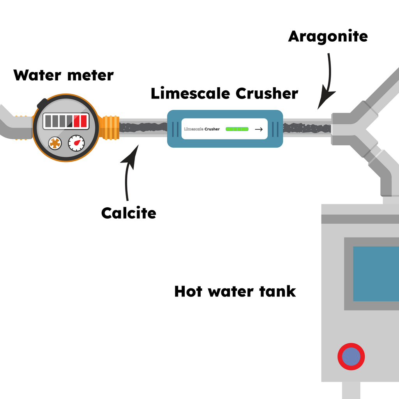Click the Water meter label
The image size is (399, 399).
coord(64,75)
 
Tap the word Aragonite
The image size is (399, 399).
coord(328,36)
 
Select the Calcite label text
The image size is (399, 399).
coord(129,213)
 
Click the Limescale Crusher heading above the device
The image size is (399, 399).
coord(224,94)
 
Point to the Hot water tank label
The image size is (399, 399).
coord(235,291)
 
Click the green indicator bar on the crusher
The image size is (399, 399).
coord(237,129)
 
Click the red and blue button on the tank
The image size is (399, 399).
coord(351,356)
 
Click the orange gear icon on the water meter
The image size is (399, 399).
coord(55,143)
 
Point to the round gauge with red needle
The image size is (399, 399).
coord(76,143)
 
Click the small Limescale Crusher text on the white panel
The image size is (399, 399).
coord(202,129)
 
